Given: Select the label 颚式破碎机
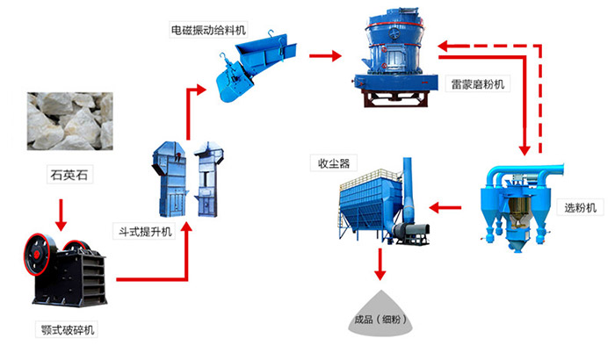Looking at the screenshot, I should [x=69, y=331].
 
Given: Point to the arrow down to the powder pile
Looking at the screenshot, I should [x=380, y=261].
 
